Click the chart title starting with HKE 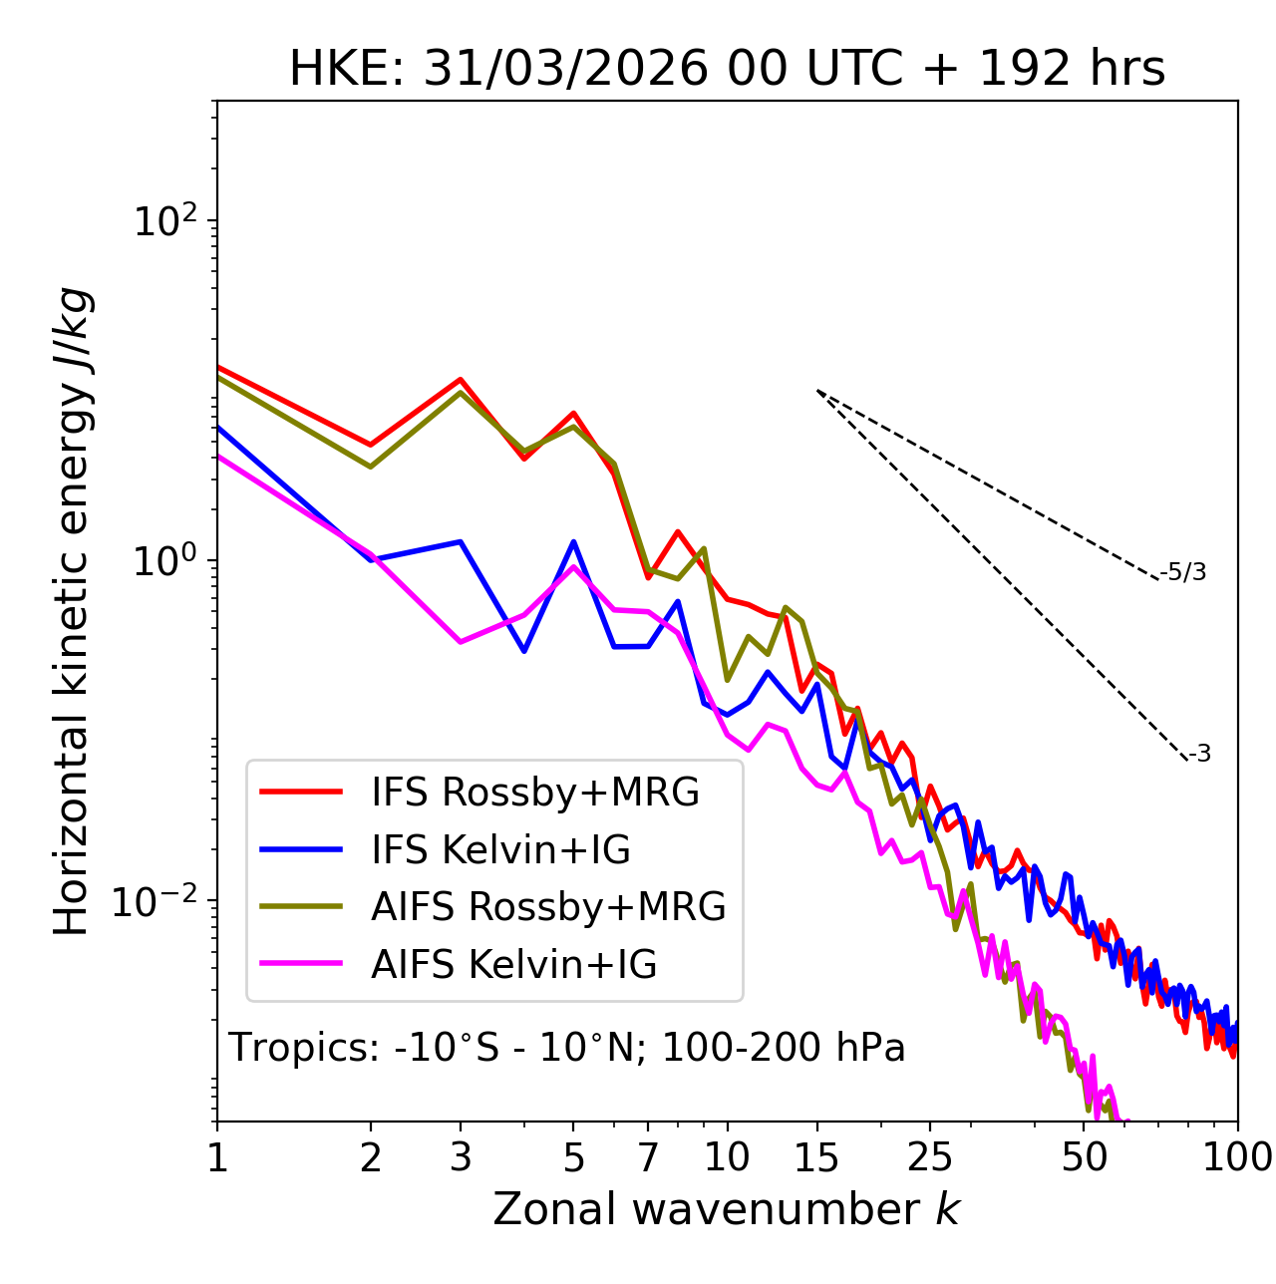(727, 70)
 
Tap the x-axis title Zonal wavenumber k (726, 1209)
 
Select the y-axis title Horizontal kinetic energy (72, 611)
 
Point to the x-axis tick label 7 (648, 1157)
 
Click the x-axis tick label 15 (816, 1157)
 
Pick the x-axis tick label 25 (929, 1157)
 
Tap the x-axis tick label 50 (1085, 1157)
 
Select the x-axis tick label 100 (1237, 1157)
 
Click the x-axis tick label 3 (461, 1157)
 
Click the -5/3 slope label (1183, 572)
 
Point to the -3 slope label (1199, 755)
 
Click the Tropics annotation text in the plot (567, 1049)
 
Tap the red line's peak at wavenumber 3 (461, 379)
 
